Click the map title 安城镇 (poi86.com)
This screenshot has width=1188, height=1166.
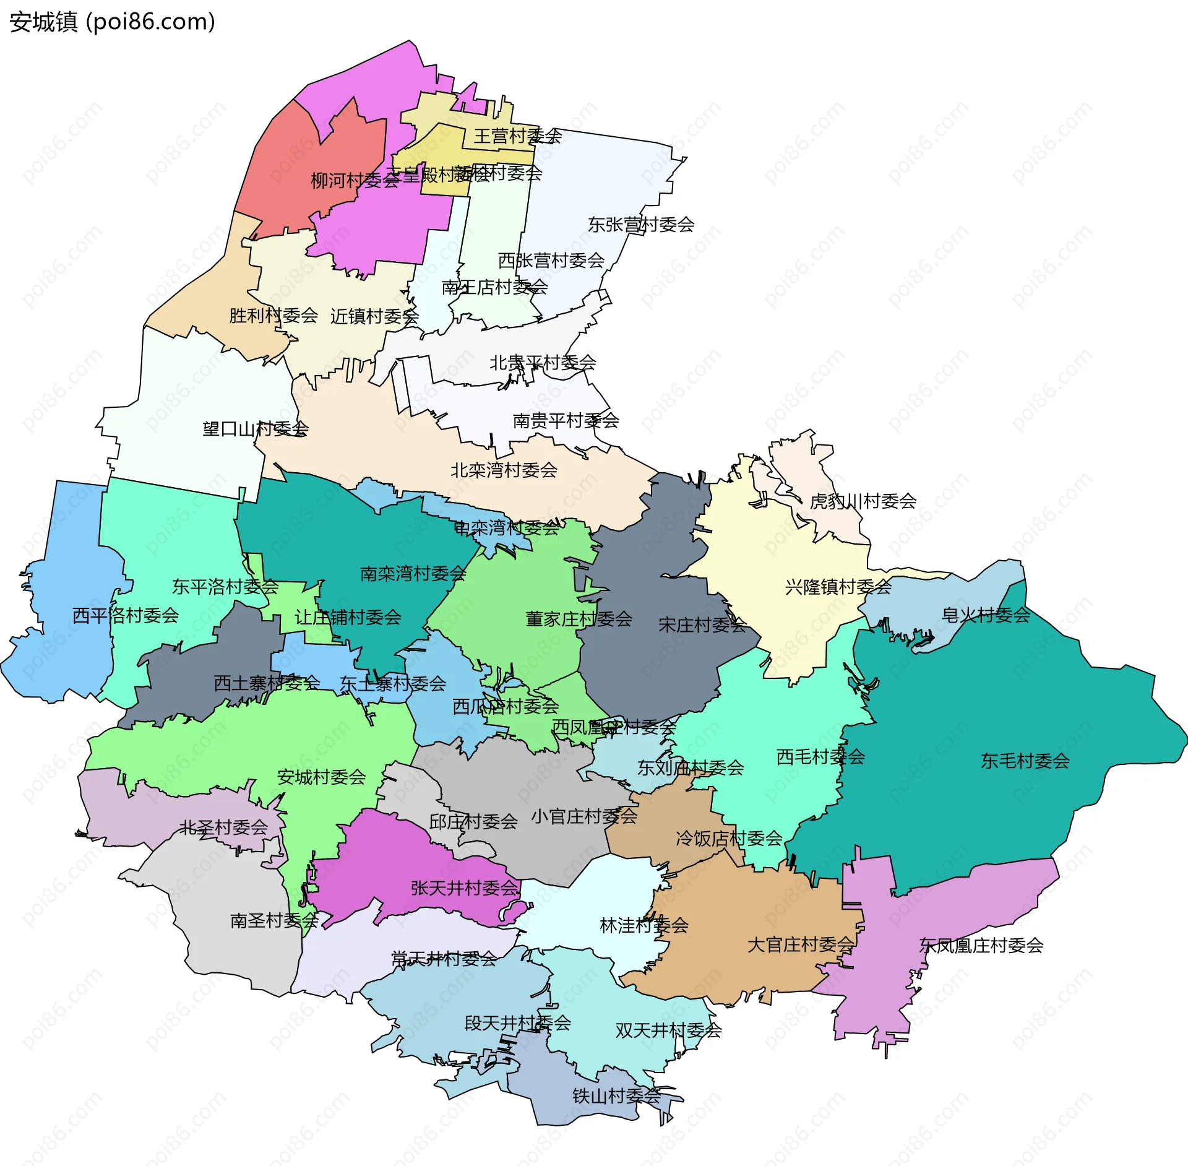click(x=112, y=22)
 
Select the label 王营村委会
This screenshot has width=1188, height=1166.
click(x=517, y=136)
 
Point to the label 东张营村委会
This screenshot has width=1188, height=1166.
click(x=640, y=225)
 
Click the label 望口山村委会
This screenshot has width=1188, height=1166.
click(x=256, y=429)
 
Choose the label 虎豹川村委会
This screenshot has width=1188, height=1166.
click(x=863, y=501)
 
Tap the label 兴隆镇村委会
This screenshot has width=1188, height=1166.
click(x=838, y=587)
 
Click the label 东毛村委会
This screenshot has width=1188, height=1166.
click(x=1025, y=761)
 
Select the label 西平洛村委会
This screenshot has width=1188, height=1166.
click(x=126, y=615)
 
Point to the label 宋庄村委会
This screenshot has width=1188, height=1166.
click(x=702, y=625)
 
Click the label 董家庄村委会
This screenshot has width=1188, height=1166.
click(x=579, y=619)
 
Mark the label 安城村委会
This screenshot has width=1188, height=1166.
click(x=321, y=777)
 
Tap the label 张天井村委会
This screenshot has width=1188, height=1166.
click(x=464, y=888)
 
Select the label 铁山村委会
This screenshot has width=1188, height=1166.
click(x=616, y=1096)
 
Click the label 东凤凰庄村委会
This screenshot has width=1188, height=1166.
click(x=981, y=945)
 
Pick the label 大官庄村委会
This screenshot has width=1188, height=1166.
click(x=800, y=944)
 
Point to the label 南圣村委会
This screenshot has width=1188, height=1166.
click(x=274, y=920)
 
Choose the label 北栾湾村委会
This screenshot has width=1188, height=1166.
click(x=504, y=470)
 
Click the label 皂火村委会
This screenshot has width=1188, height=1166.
click(x=986, y=615)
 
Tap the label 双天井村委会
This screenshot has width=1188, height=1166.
click(x=668, y=1030)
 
